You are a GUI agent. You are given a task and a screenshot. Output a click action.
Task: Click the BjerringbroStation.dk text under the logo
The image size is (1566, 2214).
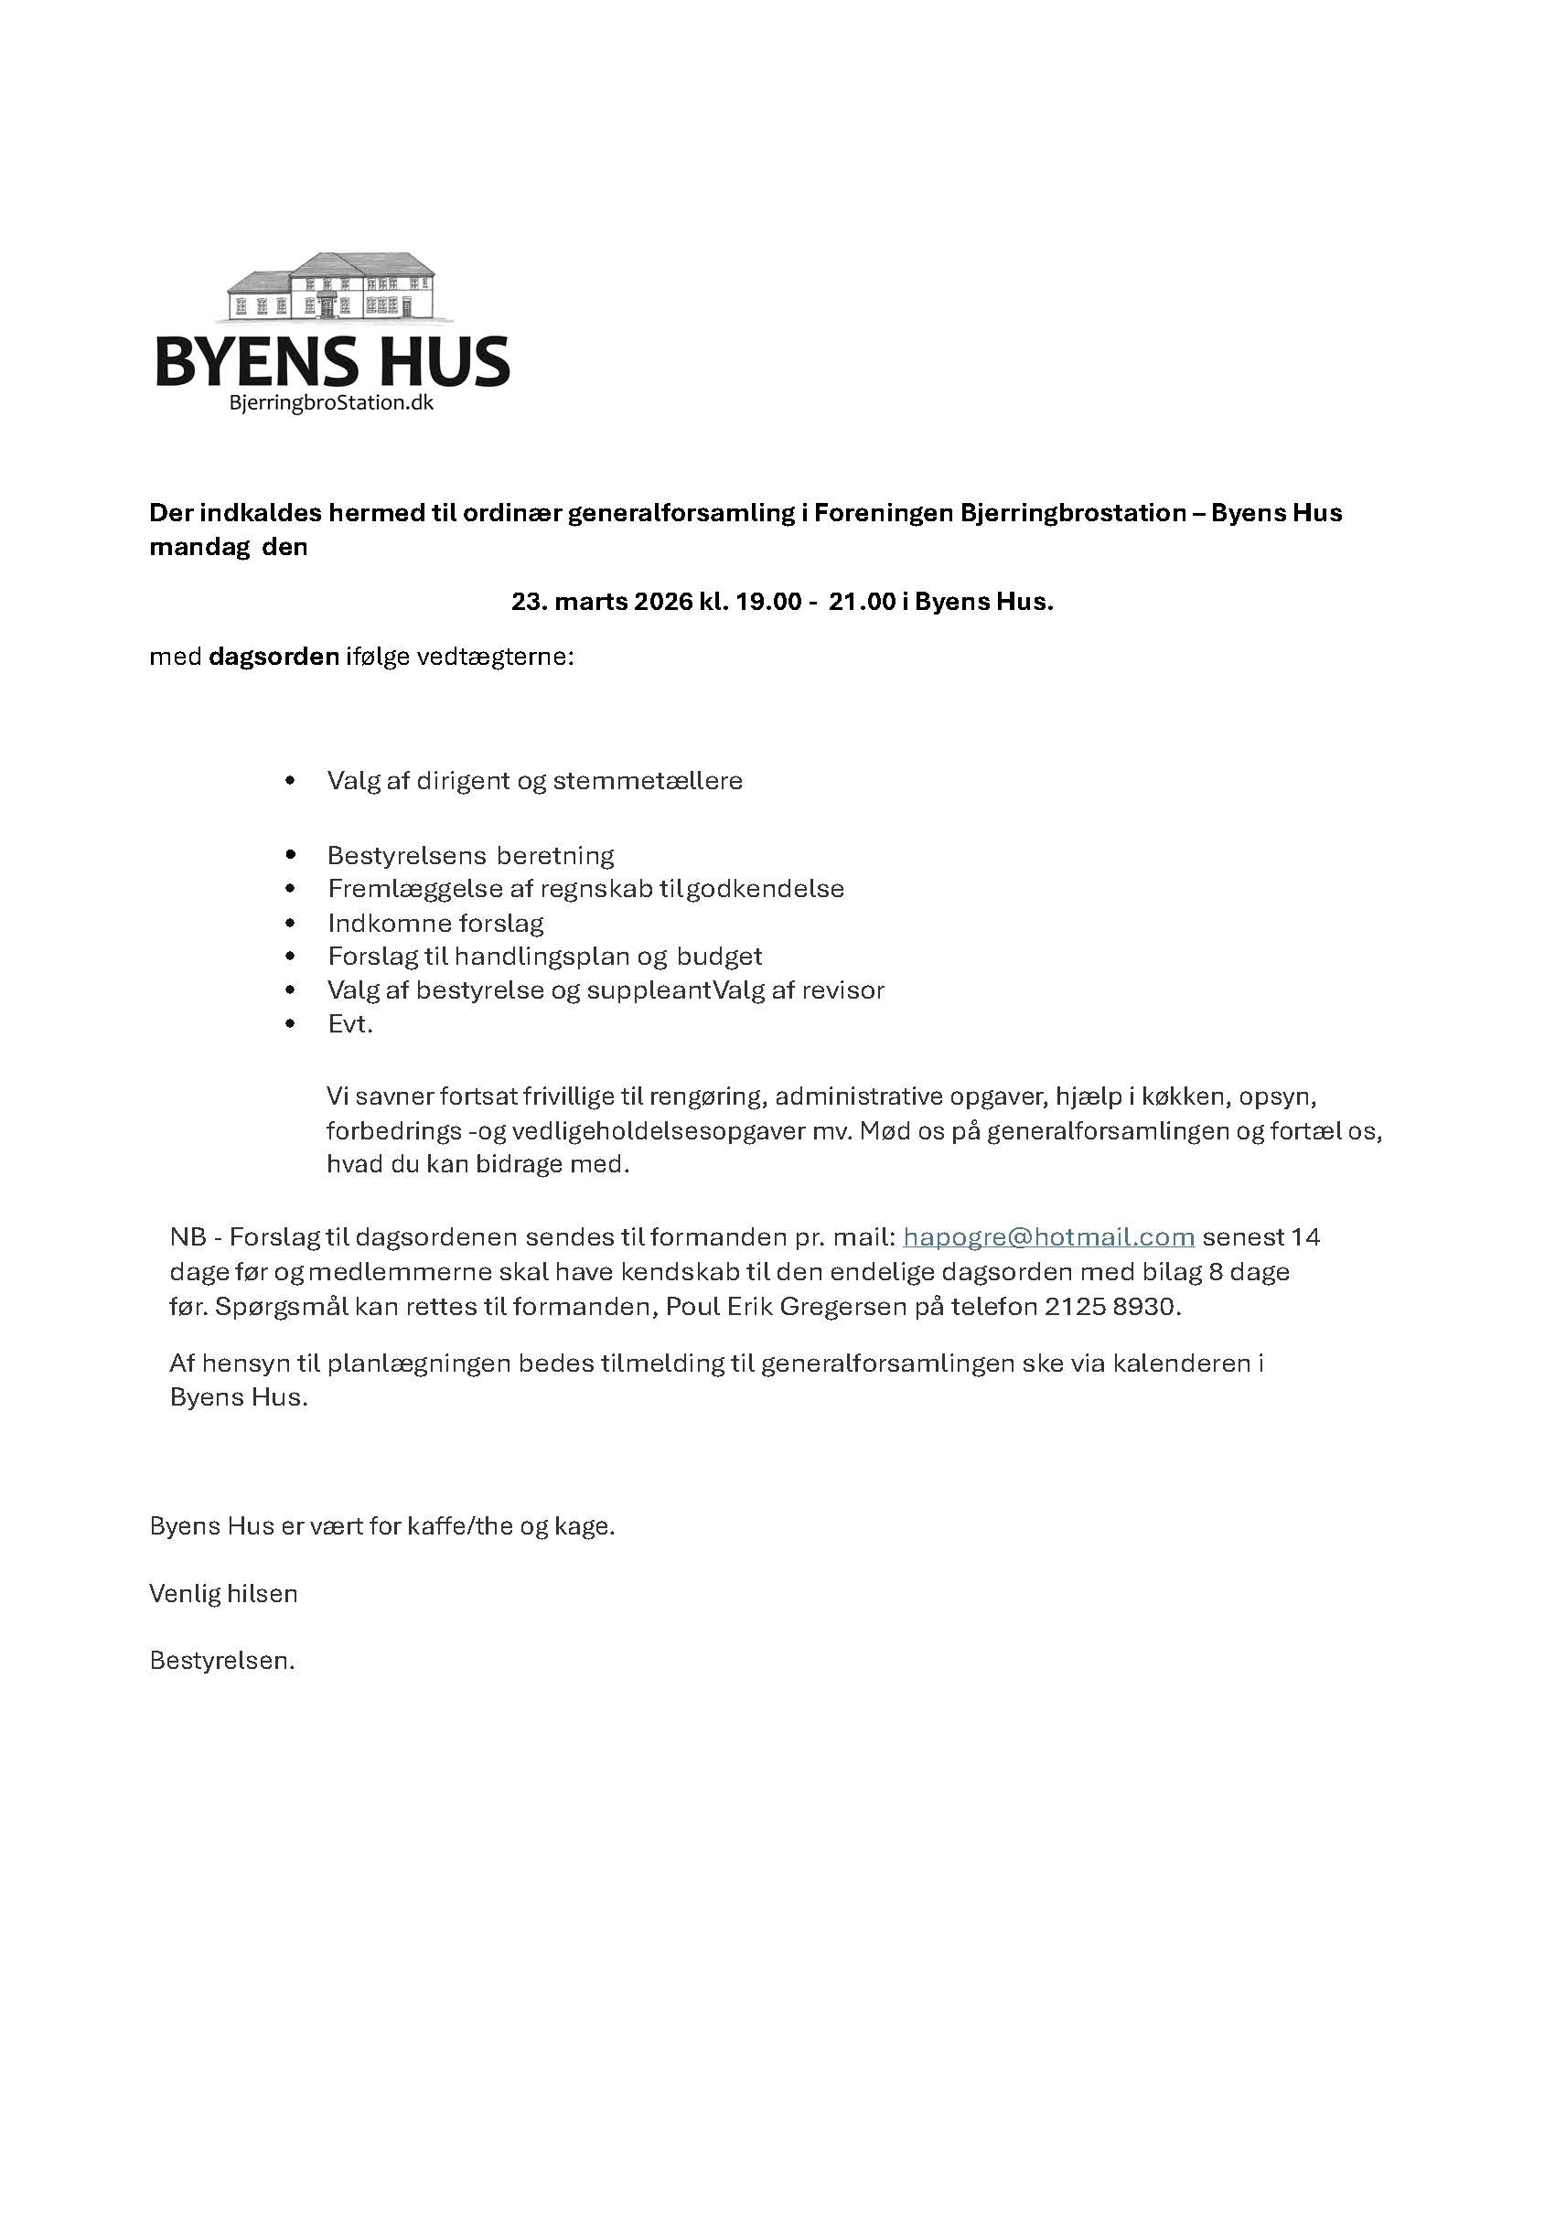point(332,403)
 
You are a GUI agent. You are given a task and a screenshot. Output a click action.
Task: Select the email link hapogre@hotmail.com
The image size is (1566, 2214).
point(1048,1236)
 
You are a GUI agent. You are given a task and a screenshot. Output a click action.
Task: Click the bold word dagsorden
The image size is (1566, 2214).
point(274,658)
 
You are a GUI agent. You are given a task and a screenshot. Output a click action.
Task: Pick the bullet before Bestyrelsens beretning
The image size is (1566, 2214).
point(290,855)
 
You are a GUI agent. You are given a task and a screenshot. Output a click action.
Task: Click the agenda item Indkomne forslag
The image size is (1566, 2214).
point(435,923)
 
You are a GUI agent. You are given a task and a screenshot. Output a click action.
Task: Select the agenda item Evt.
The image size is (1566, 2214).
point(350,1024)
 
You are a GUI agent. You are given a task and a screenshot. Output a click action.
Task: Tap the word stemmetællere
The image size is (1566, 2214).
point(648,780)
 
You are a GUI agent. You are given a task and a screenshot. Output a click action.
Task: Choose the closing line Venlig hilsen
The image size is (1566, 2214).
point(224,1593)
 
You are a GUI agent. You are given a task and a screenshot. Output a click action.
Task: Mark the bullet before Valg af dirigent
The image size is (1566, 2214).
point(290,780)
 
